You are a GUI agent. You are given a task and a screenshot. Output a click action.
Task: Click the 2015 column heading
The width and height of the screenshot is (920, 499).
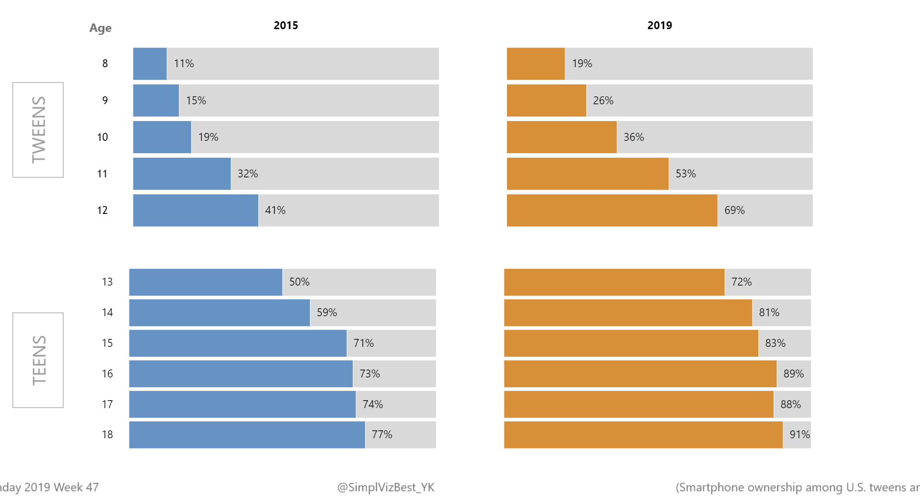286,25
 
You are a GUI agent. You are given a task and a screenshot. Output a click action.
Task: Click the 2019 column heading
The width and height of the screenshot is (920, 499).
660,25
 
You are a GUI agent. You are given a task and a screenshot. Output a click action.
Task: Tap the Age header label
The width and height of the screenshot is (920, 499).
100,28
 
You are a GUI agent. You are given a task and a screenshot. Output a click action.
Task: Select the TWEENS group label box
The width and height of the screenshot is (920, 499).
38,129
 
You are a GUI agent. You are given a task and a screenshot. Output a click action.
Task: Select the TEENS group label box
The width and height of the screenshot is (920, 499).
38,360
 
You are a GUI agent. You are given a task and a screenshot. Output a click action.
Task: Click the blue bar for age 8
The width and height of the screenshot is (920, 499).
150,64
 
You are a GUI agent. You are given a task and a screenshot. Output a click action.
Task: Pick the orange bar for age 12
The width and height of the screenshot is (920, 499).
612,210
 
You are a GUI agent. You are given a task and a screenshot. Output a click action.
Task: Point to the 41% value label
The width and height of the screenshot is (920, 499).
275,210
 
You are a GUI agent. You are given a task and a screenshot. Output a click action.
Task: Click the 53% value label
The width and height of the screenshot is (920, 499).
685,174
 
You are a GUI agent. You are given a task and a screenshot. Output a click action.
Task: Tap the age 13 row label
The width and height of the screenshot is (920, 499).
107,282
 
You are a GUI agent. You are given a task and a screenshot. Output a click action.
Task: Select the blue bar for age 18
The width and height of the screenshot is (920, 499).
247,435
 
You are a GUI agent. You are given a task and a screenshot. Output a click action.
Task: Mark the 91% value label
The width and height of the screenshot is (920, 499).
799,435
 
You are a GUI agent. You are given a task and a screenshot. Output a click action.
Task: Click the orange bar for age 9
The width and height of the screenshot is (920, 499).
546,101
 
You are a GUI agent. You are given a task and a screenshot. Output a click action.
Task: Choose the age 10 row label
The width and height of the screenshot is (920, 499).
102,137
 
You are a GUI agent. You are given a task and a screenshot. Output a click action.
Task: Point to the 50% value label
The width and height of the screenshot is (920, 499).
299,282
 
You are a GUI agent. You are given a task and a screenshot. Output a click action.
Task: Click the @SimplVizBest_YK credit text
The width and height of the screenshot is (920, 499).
385,488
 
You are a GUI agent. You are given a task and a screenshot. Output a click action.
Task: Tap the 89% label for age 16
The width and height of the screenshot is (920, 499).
793,374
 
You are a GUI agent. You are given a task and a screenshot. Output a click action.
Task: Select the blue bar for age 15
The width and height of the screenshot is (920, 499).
238,343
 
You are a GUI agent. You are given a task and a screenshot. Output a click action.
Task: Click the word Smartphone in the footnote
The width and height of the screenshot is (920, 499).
710,488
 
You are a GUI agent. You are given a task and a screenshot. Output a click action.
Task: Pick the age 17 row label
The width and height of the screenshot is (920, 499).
107,405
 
